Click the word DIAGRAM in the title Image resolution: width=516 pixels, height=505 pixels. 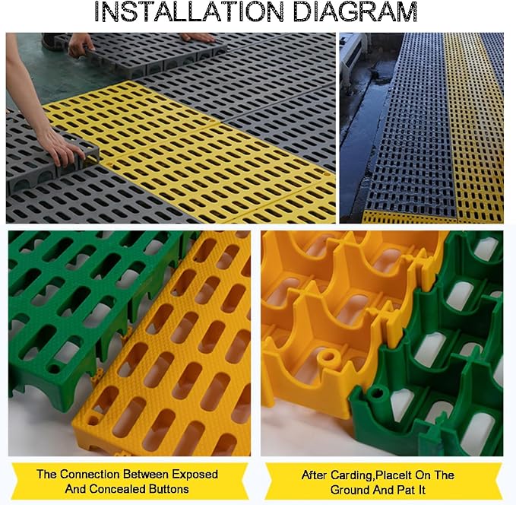point(355,11)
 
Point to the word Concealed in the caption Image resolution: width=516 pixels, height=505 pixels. point(117,488)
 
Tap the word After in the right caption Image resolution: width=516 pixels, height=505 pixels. point(315,475)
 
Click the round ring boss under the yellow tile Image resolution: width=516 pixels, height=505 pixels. point(328,357)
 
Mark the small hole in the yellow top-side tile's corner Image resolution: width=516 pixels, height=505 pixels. point(93,420)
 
